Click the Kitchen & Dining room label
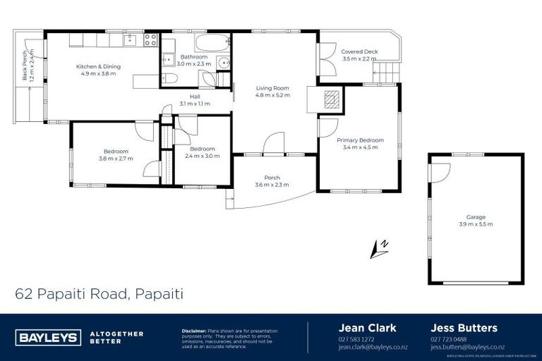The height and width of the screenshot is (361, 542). pyautogui.click(x=99, y=66)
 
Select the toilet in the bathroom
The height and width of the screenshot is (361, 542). pyautogui.click(x=170, y=77)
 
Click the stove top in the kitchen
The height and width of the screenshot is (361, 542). pyautogui.click(x=151, y=40)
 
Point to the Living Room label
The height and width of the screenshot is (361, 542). pyautogui.click(x=272, y=88)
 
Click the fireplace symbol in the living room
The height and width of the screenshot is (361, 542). pyautogui.click(x=331, y=99)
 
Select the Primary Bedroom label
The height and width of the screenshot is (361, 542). pyautogui.click(x=360, y=140)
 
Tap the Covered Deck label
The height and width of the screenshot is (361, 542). pyautogui.click(x=359, y=51)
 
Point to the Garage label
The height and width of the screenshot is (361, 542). pyautogui.click(x=475, y=217)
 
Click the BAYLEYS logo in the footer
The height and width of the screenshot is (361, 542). pyautogui.click(x=49, y=338)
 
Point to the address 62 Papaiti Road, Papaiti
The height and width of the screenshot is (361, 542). pyautogui.click(x=98, y=293)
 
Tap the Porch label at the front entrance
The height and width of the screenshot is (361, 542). pyautogui.click(x=272, y=178)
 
